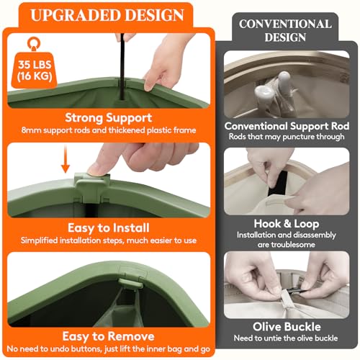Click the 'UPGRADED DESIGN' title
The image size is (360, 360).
[x=107, y=15]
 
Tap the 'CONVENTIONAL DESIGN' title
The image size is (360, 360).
[x=285, y=30]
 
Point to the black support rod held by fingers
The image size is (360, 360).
[x=122, y=66]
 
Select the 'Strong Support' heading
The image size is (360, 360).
[x=109, y=118]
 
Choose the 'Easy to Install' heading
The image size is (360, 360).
[x=109, y=228]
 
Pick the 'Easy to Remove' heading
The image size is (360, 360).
[x=108, y=336]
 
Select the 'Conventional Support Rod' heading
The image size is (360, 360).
[x=287, y=126]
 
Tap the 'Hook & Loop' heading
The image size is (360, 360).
[x=287, y=224]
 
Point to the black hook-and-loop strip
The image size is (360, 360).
[x=278, y=183]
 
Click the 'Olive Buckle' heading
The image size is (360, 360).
[x=287, y=327]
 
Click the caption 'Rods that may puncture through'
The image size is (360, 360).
[x=287, y=137]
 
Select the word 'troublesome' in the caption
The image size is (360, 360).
[x=287, y=245]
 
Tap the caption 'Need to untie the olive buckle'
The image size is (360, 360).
[x=286, y=338]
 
